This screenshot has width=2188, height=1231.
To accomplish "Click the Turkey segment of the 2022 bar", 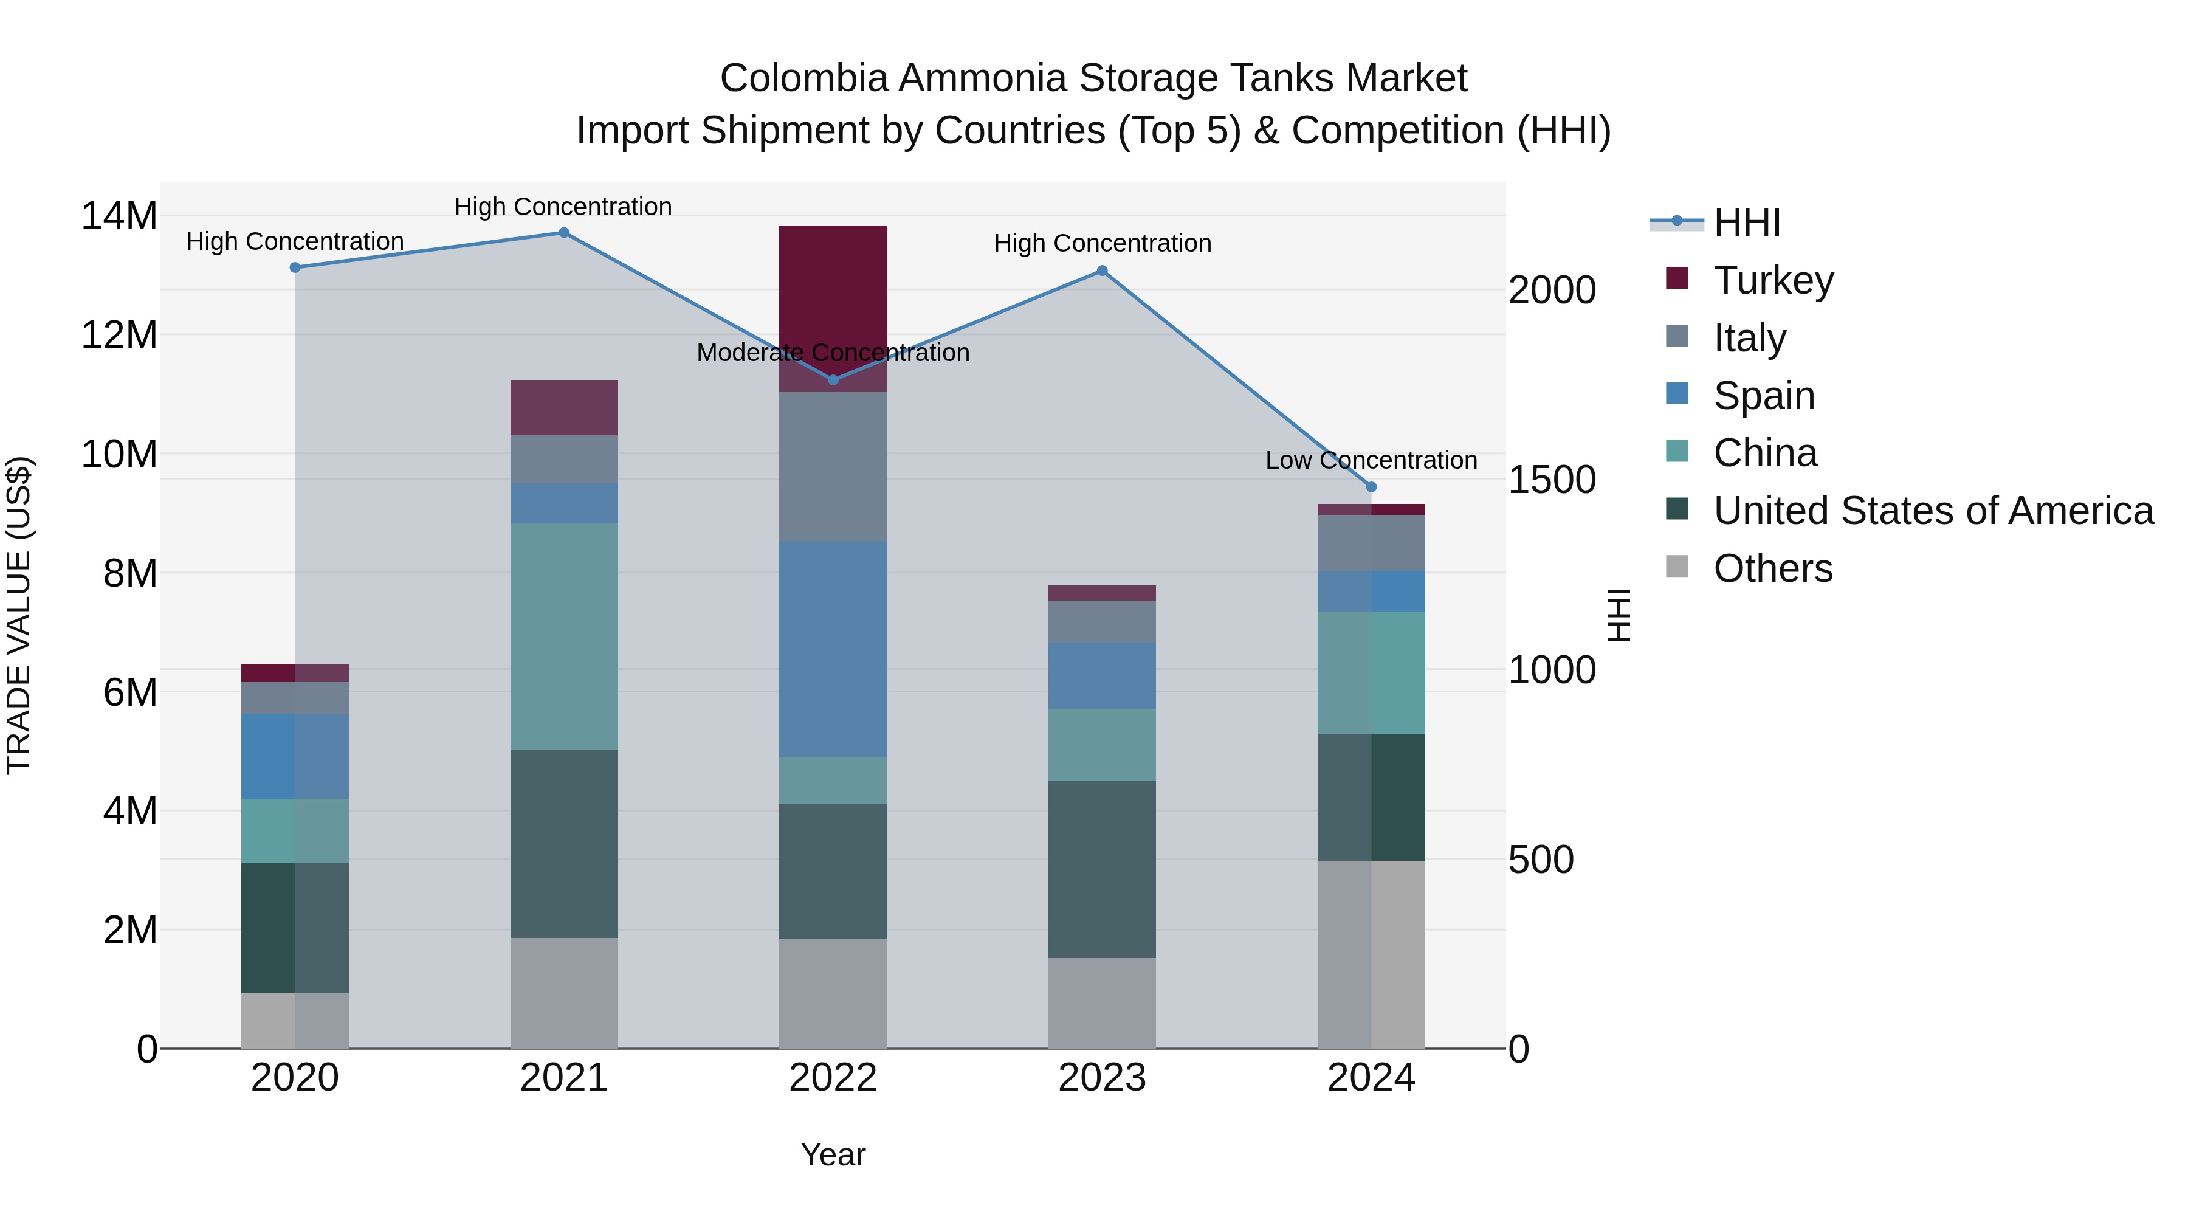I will coord(833,289).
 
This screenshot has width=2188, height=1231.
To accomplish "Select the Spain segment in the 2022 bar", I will coord(833,649).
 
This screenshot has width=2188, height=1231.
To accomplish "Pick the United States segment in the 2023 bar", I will coord(1102,869).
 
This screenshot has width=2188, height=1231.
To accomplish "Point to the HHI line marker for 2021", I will coord(564,233).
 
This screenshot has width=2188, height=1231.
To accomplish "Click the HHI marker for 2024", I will coord(1371,487).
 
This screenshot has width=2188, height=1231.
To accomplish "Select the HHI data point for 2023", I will coord(1102,271).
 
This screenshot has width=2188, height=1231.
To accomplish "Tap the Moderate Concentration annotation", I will coord(833,353).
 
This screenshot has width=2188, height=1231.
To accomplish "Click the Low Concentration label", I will coord(1371,460).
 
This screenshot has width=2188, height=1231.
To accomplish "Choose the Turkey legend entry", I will coord(1773,280).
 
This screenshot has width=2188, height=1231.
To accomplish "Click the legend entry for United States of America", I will coord(1932,511).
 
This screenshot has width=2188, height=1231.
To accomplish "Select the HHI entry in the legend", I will coord(1746,222).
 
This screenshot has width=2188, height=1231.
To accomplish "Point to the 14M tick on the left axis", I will coord(119,216).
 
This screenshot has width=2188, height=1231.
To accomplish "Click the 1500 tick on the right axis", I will coord(1551,480).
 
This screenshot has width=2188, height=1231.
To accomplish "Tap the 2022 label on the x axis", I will coord(833,1078).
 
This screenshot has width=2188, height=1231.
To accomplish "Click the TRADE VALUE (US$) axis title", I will coord(19,615).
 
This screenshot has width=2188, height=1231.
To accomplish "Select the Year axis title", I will coord(833,1154).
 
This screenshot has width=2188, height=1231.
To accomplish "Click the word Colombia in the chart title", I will coord(803,78).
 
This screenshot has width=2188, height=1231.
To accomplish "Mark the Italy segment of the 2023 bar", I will coord(1102,621).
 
